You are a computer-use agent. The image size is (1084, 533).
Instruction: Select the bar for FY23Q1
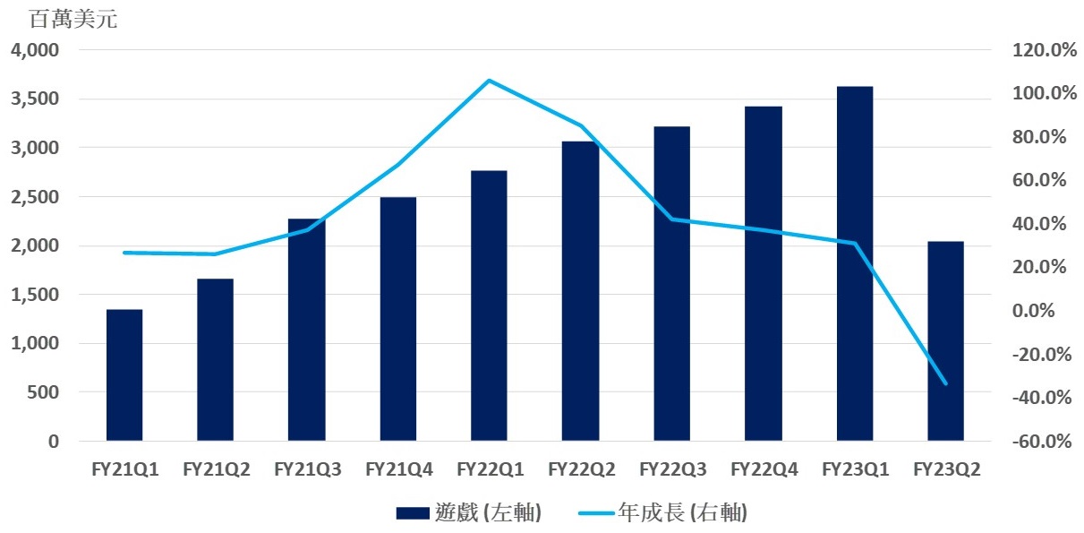point(855,263)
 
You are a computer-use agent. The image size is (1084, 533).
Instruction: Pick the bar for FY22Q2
point(581,291)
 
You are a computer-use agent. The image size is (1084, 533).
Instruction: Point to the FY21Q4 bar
point(398,319)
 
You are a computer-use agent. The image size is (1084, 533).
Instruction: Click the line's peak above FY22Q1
point(489,81)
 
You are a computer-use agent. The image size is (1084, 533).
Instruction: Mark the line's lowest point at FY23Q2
point(945,383)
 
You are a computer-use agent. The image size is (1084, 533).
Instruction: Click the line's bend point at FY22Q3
point(672,219)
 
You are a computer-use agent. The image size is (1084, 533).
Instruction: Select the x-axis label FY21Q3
point(307,469)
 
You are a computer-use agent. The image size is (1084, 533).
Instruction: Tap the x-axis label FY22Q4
point(764,469)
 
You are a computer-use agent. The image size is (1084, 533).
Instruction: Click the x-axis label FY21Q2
point(216,469)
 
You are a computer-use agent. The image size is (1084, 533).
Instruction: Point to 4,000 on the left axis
point(35,50)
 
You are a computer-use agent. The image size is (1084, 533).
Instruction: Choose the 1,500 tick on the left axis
point(35,295)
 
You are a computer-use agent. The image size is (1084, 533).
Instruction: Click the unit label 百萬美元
point(73,20)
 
